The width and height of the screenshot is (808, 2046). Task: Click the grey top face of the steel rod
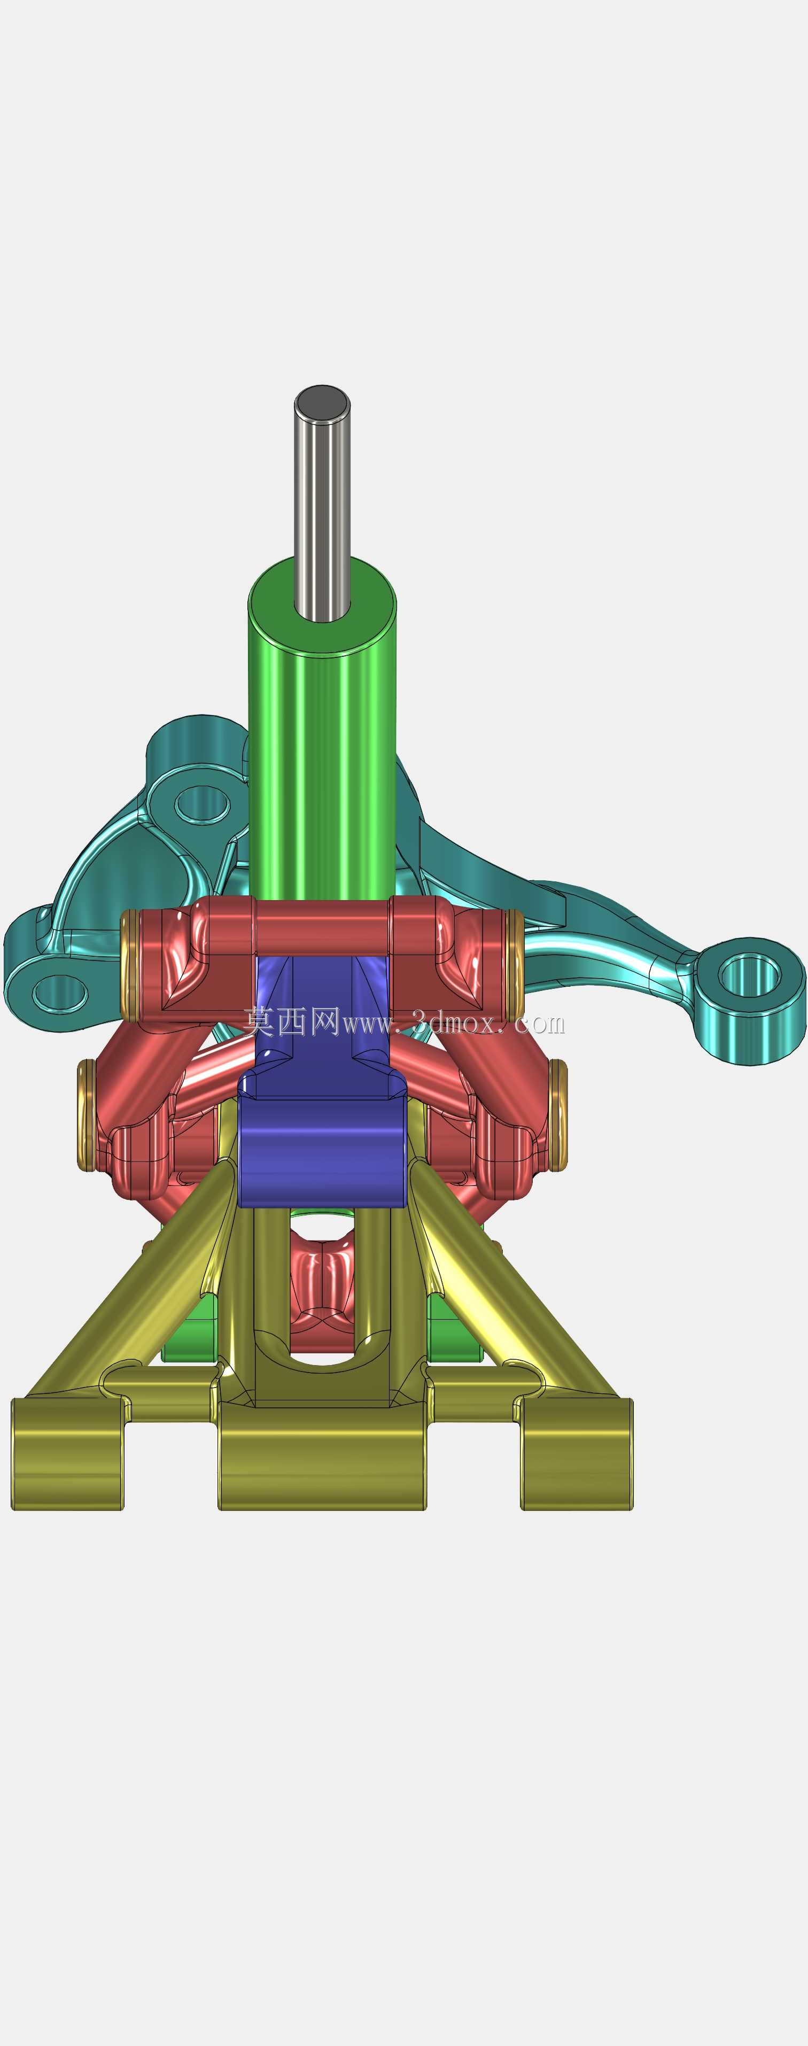click(x=322, y=404)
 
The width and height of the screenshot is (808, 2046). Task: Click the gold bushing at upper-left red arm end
click(x=129, y=966)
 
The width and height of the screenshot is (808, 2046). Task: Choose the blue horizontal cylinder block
click(x=322, y=1152)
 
